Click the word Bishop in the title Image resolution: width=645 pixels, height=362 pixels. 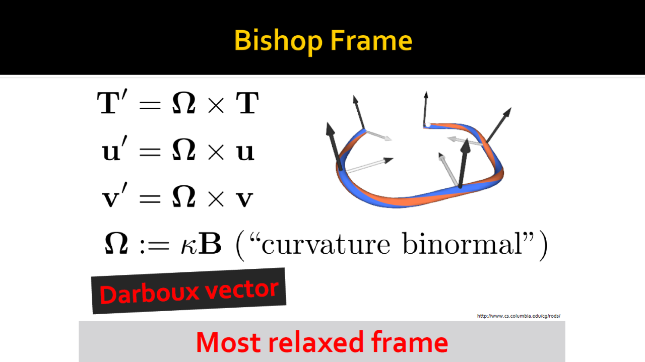278,41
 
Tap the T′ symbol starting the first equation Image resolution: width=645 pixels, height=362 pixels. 112,102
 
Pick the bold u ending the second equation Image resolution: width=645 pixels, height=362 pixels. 245,152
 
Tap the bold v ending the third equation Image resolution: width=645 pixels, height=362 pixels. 244,199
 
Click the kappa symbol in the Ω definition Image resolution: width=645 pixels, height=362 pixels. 189,247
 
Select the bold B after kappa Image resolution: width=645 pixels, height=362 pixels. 210,243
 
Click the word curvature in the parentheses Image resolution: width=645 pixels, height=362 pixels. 326,245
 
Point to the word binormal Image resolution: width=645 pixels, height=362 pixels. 462,244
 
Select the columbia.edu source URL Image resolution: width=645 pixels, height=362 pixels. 519,316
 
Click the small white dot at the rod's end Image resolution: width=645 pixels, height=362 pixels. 428,124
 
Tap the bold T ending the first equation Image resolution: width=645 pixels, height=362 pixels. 247,103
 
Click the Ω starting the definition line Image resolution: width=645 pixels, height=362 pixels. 116,243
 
